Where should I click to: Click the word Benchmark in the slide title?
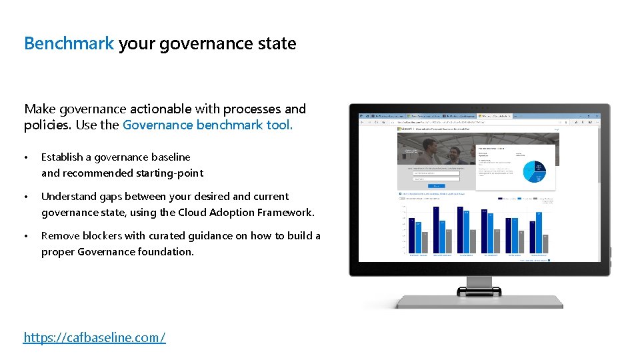point(69,44)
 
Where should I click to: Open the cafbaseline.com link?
point(94,337)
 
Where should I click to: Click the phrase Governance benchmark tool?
point(207,125)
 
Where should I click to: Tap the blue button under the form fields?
point(435,186)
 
